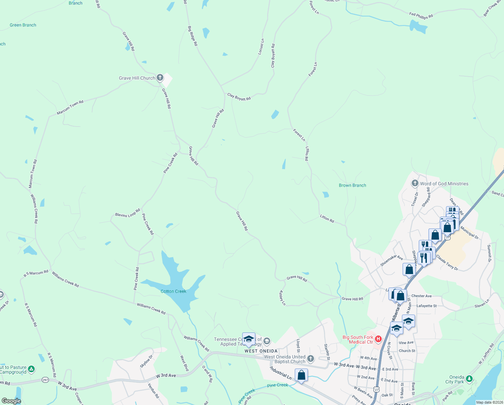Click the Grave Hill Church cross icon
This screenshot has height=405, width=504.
[160, 78]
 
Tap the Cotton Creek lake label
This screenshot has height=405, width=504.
[174, 291]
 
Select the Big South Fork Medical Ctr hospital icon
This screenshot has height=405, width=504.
[378, 339]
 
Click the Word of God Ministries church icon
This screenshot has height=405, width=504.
[415, 183]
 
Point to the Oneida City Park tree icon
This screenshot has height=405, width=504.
[469, 379]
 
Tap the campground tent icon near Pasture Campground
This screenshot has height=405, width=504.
[31, 369]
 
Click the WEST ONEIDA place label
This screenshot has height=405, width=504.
[261, 351]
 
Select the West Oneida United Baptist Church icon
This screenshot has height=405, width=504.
[311, 358]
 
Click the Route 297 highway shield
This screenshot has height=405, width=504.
[45, 380]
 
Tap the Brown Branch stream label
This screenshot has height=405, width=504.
[352, 185]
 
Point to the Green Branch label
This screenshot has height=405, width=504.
[23, 25]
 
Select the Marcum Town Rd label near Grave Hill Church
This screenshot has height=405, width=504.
[70, 107]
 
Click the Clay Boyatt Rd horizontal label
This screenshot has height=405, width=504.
[239, 97]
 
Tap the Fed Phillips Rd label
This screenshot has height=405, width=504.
[421, 16]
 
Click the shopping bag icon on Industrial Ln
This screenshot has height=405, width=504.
[301, 375]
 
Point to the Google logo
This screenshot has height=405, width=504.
[11, 401]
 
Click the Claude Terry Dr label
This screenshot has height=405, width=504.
[447, 262]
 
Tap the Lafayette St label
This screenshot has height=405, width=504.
[427, 306]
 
